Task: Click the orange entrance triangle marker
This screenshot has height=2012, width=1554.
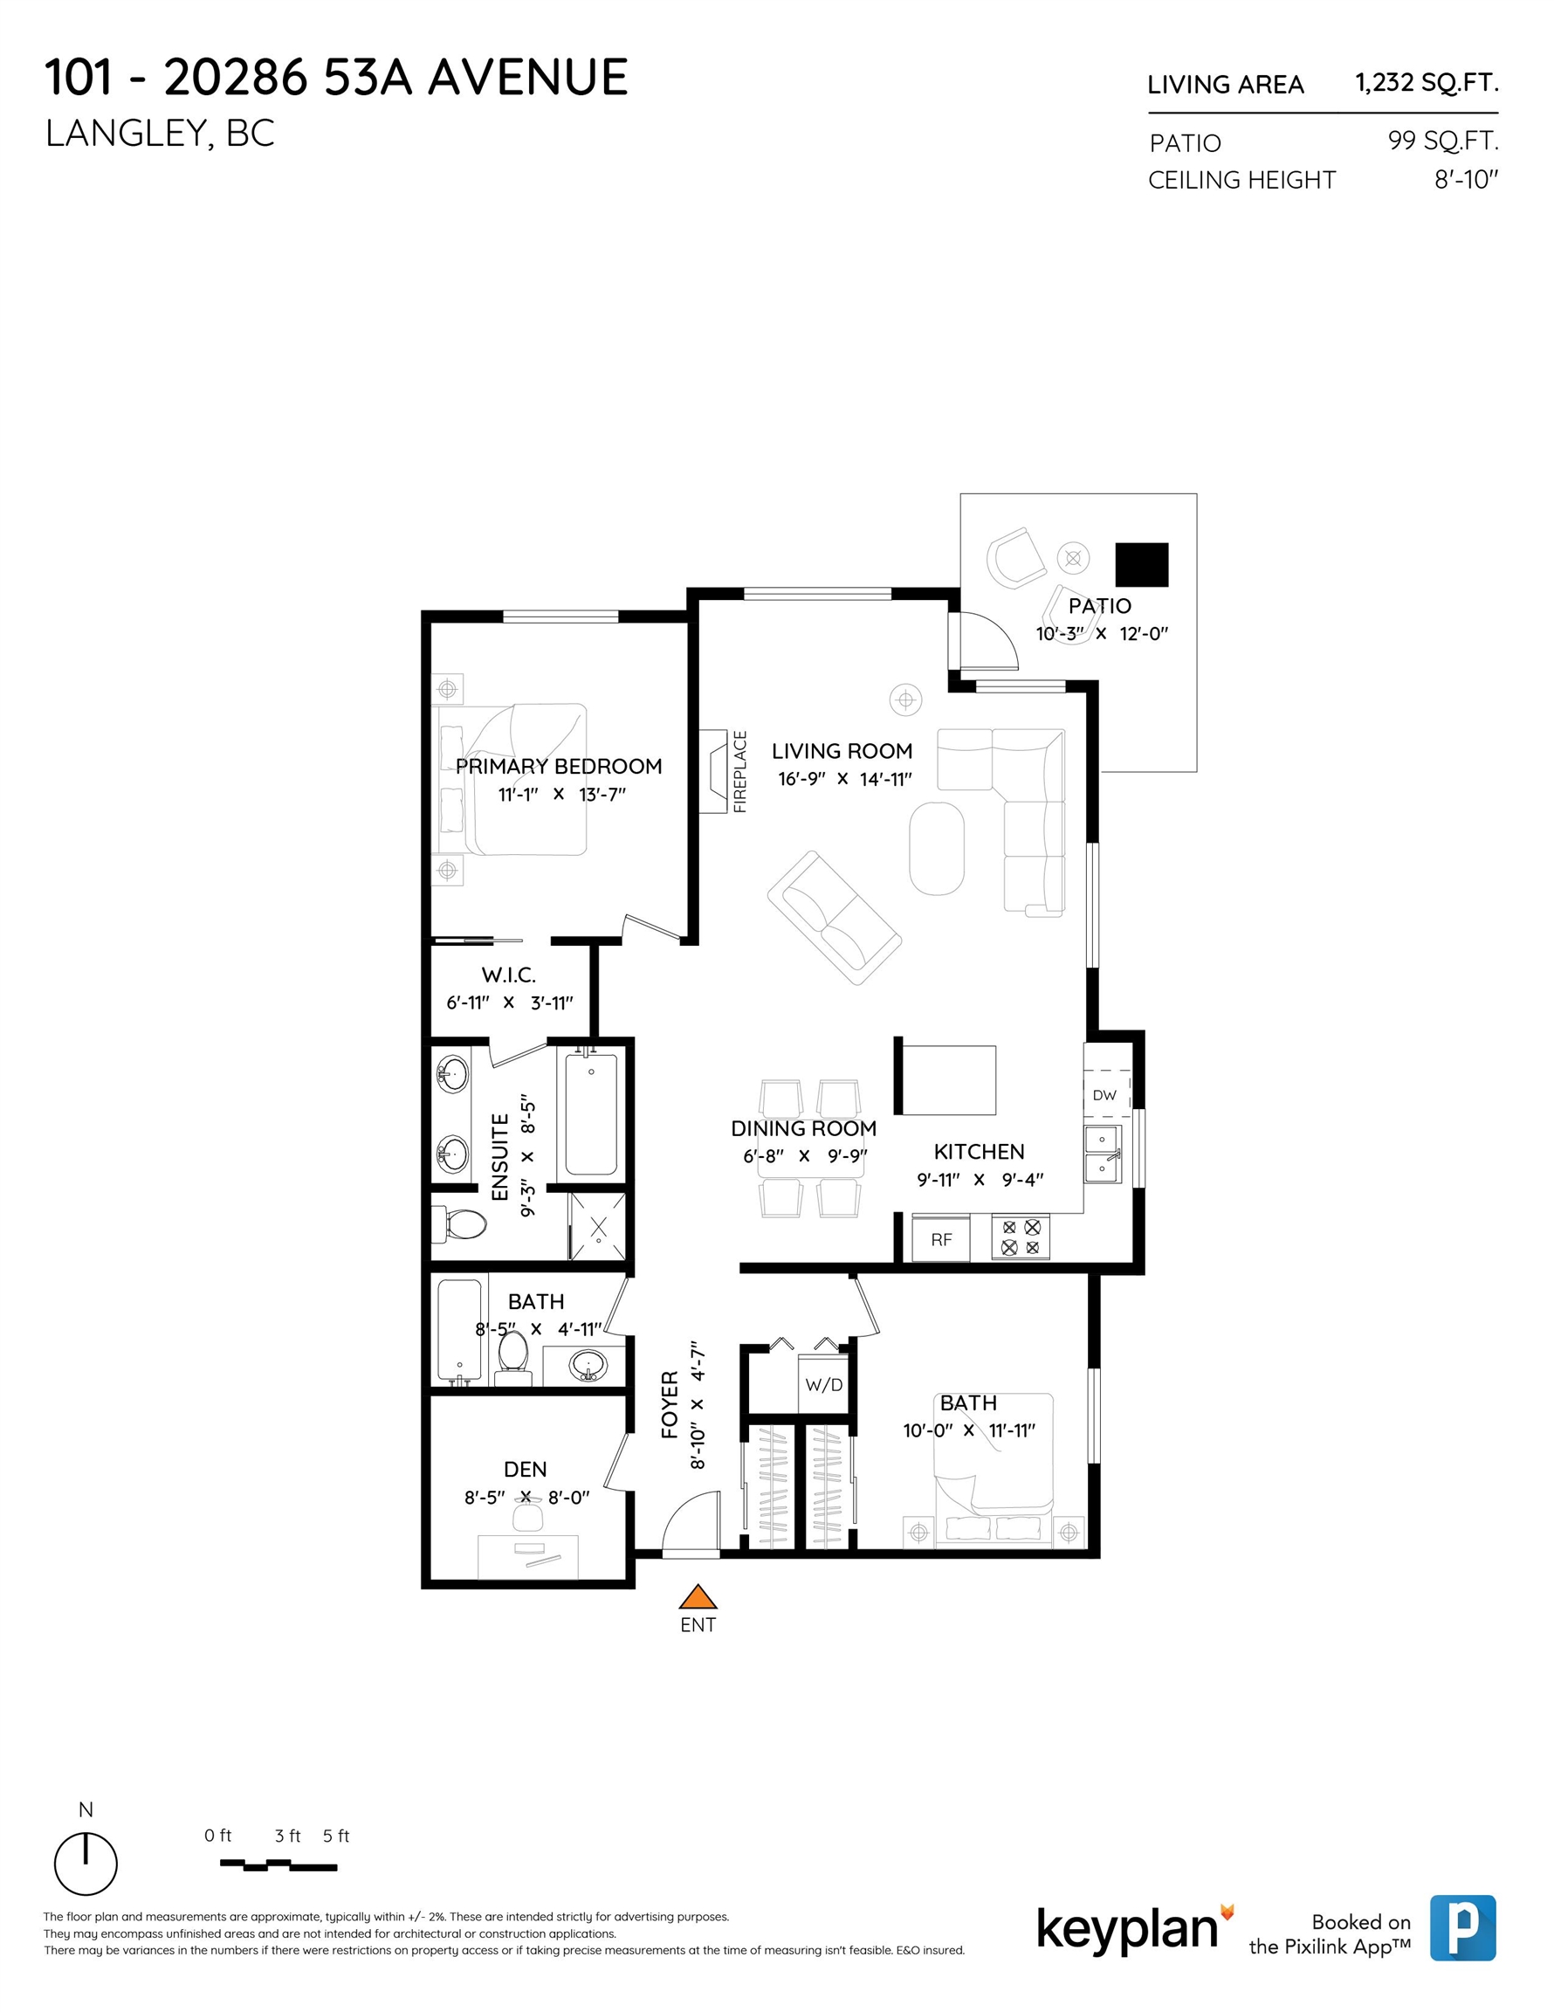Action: click(698, 1595)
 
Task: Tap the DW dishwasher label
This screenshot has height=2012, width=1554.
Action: click(1104, 1095)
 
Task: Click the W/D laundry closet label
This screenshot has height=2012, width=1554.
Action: click(823, 1385)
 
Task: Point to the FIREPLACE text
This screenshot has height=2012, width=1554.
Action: click(739, 772)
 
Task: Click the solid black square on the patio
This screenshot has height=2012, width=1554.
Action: click(1141, 565)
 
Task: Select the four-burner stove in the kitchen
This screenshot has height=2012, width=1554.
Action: click(1021, 1237)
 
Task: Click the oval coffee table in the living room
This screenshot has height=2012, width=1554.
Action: click(937, 849)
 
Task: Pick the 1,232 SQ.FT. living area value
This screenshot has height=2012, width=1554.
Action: click(1427, 83)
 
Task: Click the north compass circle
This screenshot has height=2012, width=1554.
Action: click(86, 1864)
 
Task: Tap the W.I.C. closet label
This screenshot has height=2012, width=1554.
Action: click(508, 975)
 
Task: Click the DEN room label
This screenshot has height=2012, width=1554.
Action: click(525, 1470)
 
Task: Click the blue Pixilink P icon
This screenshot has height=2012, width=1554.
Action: click(1463, 1927)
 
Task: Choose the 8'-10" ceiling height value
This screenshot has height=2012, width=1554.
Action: click(1467, 180)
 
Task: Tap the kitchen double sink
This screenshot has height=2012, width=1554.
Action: click(1103, 1154)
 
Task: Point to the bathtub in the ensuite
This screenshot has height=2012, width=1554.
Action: click(591, 1113)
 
